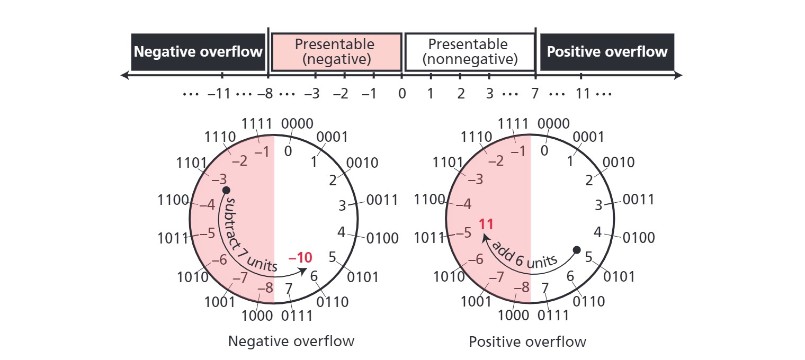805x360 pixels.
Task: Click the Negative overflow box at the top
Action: coord(198,52)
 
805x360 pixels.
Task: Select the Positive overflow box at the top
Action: coord(607,52)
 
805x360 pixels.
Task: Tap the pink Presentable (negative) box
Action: coord(336,52)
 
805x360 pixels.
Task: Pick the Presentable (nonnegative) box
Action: coord(470,52)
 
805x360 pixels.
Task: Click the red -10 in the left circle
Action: coord(300,258)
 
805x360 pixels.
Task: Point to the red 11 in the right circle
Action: coord(486,224)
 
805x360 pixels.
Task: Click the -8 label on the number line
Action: coord(265,94)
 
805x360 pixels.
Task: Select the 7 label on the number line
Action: coord(535,94)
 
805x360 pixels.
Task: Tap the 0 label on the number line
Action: coord(402,94)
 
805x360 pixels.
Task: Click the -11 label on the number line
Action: coord(219,94)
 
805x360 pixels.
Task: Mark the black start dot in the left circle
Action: coord(226,190)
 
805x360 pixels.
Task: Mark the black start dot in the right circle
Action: coord(577,250)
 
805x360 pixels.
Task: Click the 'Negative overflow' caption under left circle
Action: coord(291,341)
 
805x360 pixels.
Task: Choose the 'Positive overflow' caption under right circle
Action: coord(527,341)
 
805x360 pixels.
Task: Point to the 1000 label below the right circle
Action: coord(513,316)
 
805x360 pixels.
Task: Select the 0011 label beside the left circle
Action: coord(382,200)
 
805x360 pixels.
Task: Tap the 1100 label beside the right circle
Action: coord(430,200)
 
